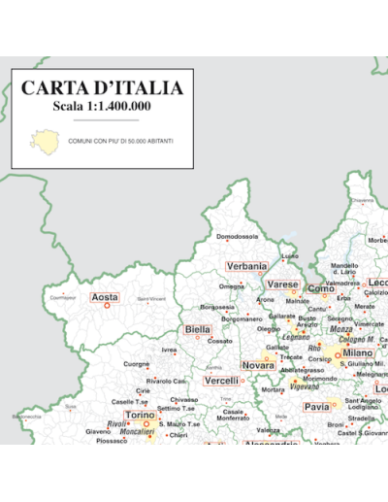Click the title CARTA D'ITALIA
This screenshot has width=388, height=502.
click(102, 88)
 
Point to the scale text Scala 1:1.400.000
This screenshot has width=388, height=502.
click(102, 106)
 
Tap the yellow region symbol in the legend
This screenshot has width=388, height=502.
click(42, 139)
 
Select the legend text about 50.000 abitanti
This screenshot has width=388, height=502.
click(121, 142)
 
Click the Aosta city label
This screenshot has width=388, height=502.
click(105, 297)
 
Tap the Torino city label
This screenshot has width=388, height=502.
click(140, 415)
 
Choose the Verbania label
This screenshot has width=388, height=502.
click(246, 266)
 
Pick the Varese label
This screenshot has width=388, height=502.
click(283, 284)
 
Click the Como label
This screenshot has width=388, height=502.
click(320, 288)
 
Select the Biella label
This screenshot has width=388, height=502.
click(197, 330)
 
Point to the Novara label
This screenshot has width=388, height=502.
click(258, 365)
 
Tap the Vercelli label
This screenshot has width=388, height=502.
click(222, 381)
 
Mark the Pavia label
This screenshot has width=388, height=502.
click(317, 407)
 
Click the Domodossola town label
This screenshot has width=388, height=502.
click(238, 236)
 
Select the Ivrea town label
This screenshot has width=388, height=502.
click(170, 350)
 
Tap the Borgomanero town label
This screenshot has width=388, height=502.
click(242, 318)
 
